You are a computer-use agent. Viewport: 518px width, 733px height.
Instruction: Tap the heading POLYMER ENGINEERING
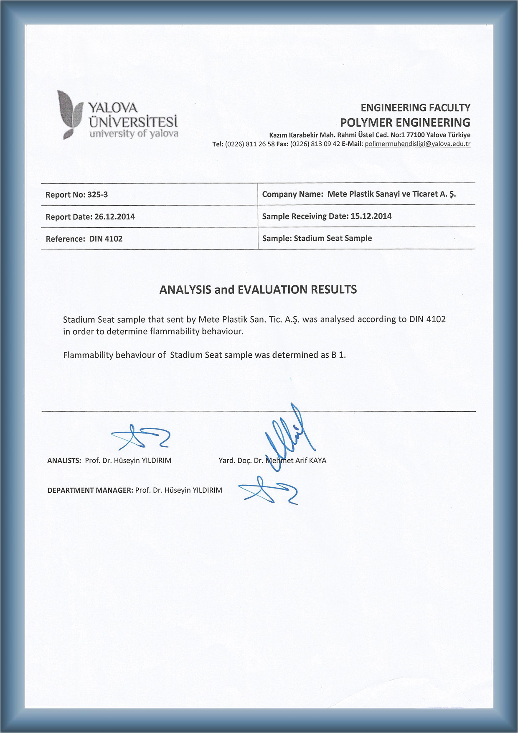(405, 122)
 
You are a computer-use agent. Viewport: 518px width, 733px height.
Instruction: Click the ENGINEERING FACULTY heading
(415, 108)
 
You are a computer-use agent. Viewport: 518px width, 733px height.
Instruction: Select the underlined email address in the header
(417, 144)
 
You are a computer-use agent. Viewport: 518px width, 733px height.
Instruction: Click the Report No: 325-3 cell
(77, 195)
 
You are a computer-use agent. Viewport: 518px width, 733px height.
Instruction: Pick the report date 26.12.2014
(114, 217)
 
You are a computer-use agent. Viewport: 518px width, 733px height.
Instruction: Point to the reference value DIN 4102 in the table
(106, 239)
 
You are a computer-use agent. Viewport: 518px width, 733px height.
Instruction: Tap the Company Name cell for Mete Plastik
(359, 194)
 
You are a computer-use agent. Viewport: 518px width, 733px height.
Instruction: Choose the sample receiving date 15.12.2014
(371, 216)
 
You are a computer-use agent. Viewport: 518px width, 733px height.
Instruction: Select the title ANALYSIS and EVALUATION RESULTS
(258, 290)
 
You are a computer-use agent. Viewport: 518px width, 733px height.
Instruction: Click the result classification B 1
(338, 355)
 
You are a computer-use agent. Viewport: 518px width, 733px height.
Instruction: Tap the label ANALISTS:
(64, 461)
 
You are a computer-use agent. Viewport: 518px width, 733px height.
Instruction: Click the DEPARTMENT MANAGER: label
(90, 490)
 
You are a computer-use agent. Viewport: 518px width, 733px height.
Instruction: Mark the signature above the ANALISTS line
(140, 437)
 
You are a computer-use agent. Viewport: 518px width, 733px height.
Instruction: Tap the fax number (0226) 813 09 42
(315, 144)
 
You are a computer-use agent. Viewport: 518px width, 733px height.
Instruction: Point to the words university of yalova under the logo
(134, 134)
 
